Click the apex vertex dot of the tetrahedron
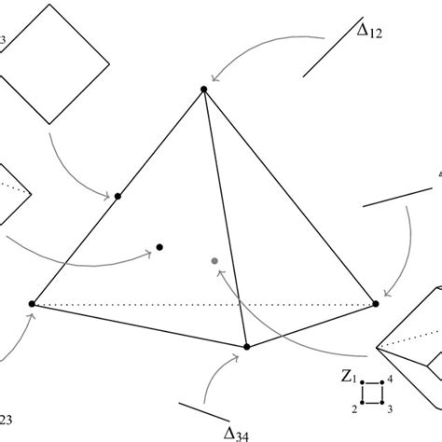tap(203, 90)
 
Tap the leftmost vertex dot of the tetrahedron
tap(33, 304)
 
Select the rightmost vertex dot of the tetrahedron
tap(377, 303)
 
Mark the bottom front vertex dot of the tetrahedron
tap(247, 347)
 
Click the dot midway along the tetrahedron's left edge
tap(118, 196)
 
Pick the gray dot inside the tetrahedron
tap(214, 260)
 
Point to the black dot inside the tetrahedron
tap(159, 247)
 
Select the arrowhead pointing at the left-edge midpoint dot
tap(107, 195)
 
